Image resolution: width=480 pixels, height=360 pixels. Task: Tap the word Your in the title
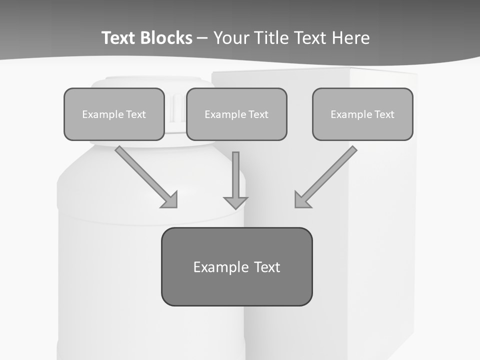(x=231, y=38)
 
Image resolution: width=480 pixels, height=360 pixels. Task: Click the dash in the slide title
(x=202, y=38)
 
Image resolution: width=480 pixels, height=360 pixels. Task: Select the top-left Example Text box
(x=114, y=114)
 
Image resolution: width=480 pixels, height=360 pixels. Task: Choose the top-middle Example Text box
(x=236, y=114)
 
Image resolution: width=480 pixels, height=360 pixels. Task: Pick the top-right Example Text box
(x=362, y=114)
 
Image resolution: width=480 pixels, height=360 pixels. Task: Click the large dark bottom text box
(x=236, y=266)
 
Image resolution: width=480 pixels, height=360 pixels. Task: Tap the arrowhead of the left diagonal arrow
(x=170, y=200)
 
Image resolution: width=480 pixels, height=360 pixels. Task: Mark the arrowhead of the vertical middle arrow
(x=235, y=202)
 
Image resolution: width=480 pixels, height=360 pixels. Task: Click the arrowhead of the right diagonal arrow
(x=301, y=200)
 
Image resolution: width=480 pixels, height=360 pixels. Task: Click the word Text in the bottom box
(x=267, y=267)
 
